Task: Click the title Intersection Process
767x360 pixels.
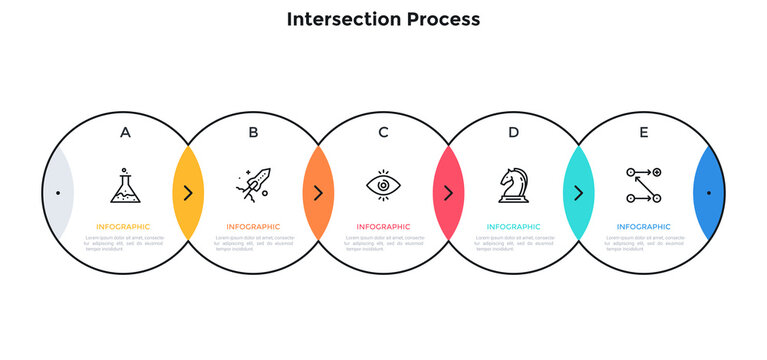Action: [x=383, y=19]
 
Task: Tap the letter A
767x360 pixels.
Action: [x=125, y=132]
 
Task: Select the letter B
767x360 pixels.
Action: [x=253, y=132]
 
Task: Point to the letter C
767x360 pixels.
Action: [x=383, y=132]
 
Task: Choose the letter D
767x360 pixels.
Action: [x=513, y=132]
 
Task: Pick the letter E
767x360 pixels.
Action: [x=643, y=132]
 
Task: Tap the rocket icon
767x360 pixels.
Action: [x=253, y=185]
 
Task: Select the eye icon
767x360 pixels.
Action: [x=383, y=185]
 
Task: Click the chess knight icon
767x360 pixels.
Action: [x=513, y=185]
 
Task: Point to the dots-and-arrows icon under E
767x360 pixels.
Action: [x=643, y=185]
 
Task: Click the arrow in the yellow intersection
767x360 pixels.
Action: [x=188, y=192]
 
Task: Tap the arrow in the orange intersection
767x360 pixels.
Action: [x=318, y=192]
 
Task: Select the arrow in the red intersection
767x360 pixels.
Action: [x=448, y=192]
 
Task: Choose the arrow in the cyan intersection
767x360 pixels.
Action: [x=578, y=192]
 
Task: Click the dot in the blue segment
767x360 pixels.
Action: [x=709, y=192]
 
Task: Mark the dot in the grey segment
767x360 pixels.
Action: [x=58, y=192]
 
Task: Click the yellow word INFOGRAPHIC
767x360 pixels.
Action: [x=124, y=227]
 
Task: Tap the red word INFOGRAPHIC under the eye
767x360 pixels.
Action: [x=383, y=227]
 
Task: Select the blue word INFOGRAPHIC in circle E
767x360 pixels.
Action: [x=643, y=227]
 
